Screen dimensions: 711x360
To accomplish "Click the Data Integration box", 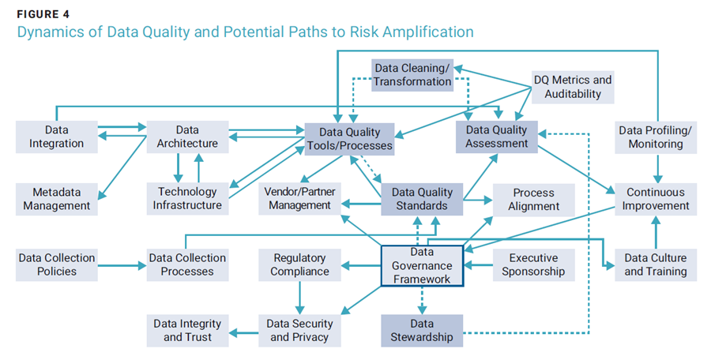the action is [x=57, y=137].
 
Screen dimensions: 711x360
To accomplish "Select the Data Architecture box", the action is [x=187, y=137].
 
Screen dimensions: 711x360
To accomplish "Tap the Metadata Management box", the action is [x=57, y=199].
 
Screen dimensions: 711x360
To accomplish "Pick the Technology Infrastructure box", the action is [x=187, y=199].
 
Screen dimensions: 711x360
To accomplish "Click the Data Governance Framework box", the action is [x=422, y=266].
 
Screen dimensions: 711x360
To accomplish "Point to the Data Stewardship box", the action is [x=422, y=331].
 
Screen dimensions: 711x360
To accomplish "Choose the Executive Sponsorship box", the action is [x=534, y=264].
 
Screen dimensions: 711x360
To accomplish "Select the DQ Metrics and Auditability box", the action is [x=573, y=87].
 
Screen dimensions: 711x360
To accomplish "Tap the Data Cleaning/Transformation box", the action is [x=412, y=75].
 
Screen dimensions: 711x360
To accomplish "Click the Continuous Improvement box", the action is [x=656, y=199].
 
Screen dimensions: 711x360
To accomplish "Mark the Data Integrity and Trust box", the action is [x=187, y=331].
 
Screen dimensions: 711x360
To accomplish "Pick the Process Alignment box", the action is [x=534, y=200].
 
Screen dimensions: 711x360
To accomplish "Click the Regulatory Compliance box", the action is [x=299, y=264].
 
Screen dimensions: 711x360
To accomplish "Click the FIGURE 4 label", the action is [x=43, y=14].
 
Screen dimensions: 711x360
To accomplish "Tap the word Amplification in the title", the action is [x=428, y=32].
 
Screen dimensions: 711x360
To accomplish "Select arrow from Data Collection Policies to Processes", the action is [x=122, y=265].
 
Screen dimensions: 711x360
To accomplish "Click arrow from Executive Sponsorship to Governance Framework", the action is [x=479, y=265].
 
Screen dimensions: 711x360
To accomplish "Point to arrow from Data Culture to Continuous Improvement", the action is [x=656, y=232].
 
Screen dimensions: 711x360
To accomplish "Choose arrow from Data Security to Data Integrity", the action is [x=243, y=333].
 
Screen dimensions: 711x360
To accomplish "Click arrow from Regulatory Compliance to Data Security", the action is [x=299, y=298].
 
